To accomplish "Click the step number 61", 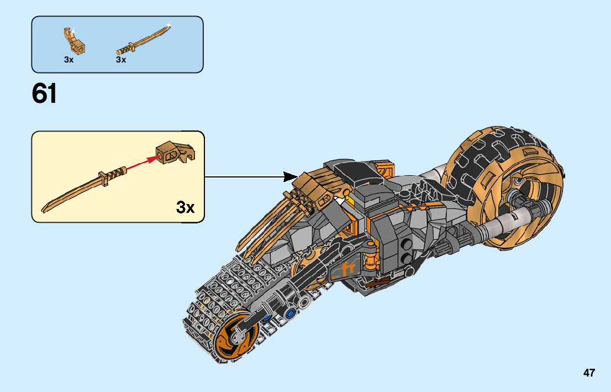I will [x=45, y=94].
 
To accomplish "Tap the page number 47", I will [x=589, y=373].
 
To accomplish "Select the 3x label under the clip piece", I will [x=69, y=60].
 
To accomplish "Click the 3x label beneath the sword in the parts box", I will [x=121, y=60].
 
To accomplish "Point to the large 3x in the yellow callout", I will [x=186, y=207].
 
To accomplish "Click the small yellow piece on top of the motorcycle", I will [x=347, y=194].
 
